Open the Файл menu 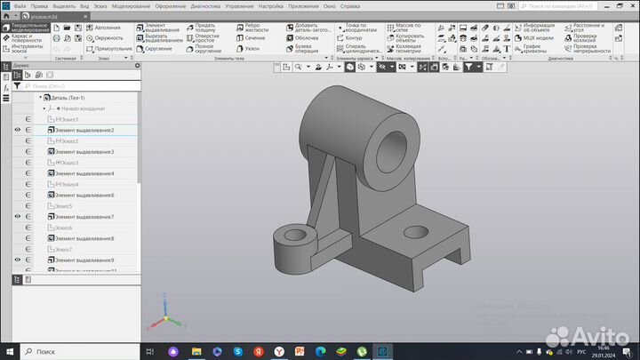(20, 6)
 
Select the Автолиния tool (104, 28)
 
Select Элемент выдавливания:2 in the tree (84, 131)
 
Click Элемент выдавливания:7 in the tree (84, 217)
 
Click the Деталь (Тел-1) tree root (68, 98)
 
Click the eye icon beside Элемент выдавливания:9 (18, 260)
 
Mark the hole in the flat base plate (414, 233)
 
